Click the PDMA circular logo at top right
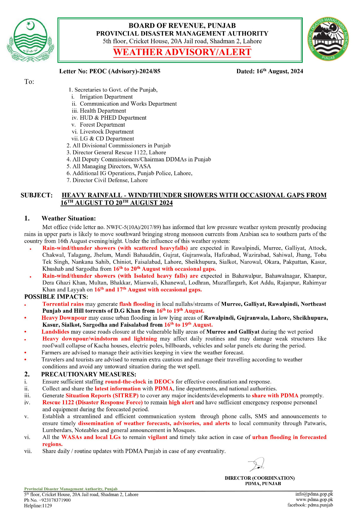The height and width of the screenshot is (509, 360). coord(328,39)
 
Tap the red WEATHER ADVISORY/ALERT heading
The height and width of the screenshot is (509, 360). coord(182,52)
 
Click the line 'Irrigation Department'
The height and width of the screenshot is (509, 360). coord(106,97)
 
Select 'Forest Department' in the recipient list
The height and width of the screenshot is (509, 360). coord(102,125)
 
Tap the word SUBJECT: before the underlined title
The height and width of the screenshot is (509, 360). coord(37,195)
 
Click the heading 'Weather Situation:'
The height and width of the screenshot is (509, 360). coord(68,218)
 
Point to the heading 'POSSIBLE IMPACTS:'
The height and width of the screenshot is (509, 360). coord(56,296)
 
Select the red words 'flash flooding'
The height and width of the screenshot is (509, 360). coord(137,304)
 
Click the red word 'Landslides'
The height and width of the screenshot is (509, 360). coord(55,332)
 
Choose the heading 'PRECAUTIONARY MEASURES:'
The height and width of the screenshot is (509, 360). coord(88,374)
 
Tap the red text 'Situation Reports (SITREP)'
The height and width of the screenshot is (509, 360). coord(102,395)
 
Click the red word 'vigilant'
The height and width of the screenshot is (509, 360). coord(157,437)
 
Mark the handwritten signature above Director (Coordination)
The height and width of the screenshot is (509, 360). coord(257,465)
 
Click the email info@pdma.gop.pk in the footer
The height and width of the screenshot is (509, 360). coord(314,494)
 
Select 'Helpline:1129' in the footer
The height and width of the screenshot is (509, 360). coord(38,506)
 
